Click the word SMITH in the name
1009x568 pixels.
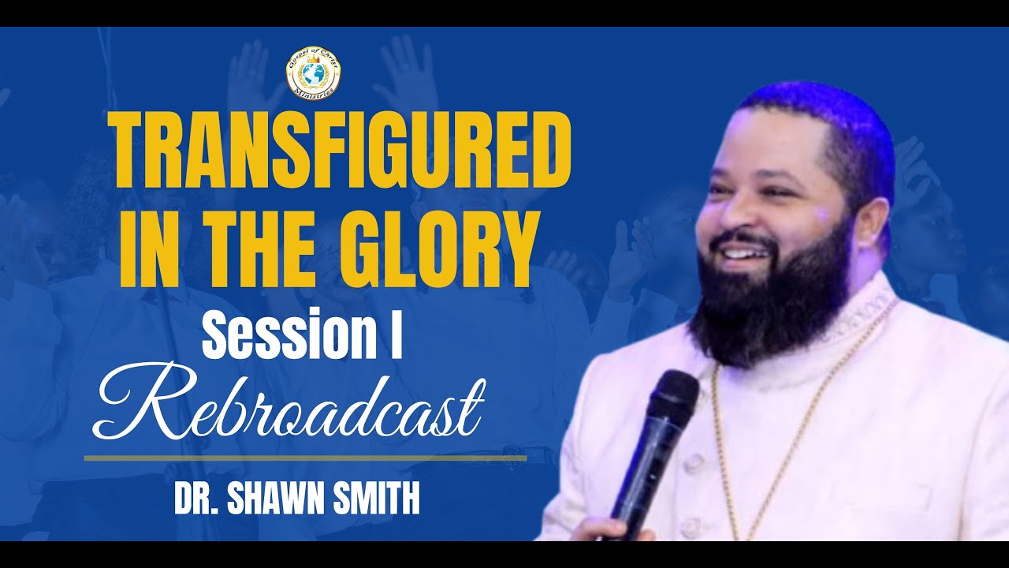pos(375,502)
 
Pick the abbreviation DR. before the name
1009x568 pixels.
pos(196,502)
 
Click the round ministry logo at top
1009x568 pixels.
pos(314,73)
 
